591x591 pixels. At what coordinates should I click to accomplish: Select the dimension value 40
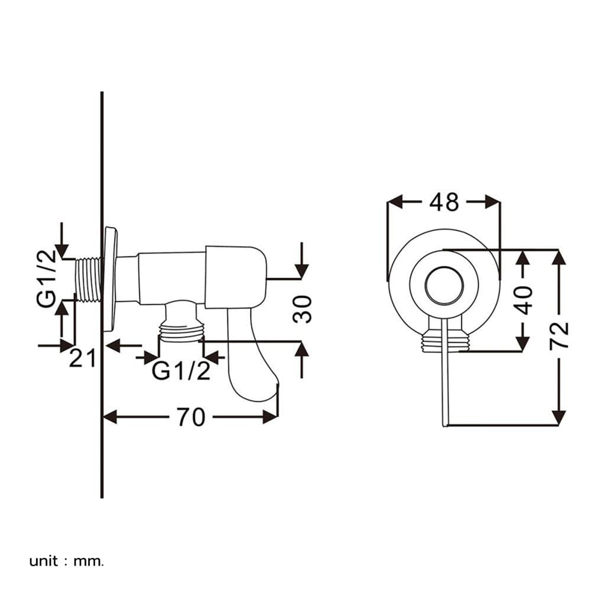(x=524, y=300)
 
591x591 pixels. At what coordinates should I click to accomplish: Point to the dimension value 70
(x=191, y=417)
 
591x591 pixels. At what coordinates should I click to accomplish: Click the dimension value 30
(x=302, y=309)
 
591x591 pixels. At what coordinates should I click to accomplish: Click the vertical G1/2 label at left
(x=46, y=278)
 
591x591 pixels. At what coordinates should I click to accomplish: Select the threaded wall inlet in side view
(x=88, y=280)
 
